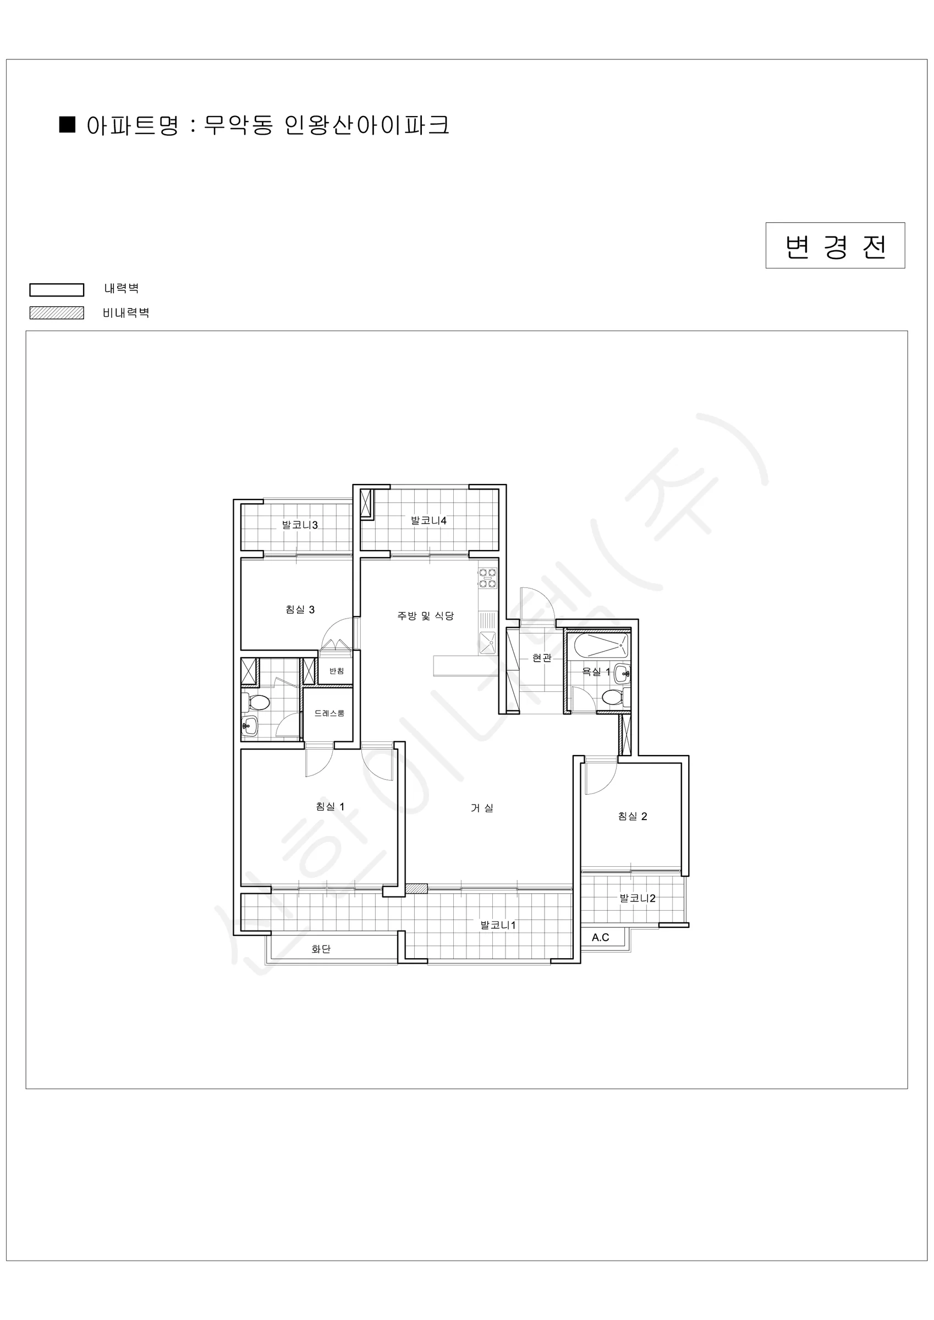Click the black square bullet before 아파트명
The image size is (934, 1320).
tap(67, 125)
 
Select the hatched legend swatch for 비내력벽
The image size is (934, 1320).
tap(56, 313)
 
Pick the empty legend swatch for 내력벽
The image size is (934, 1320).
tap(56, 290)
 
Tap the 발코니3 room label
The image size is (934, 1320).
tap(300, 524)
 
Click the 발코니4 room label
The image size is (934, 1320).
tap(428, 520)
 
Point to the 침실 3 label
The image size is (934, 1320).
tap(300, 609)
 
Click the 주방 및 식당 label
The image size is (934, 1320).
tap(426, 616)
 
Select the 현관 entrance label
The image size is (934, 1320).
tap(542, 658)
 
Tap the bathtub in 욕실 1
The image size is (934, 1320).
tap(601, 646)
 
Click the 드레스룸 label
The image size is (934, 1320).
tap(329, 713)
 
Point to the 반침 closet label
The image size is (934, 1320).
tap(337, 671)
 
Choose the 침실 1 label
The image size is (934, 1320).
tap(330, 807)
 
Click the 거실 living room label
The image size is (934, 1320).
tap(482, 808)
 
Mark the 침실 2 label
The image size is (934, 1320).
tap(633, 816)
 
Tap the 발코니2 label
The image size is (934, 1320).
tap(637, 898)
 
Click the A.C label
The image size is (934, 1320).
tap(601, 937)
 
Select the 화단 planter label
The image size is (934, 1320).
tap(321, 949)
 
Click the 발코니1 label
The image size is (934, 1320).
tap(498, 925)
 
